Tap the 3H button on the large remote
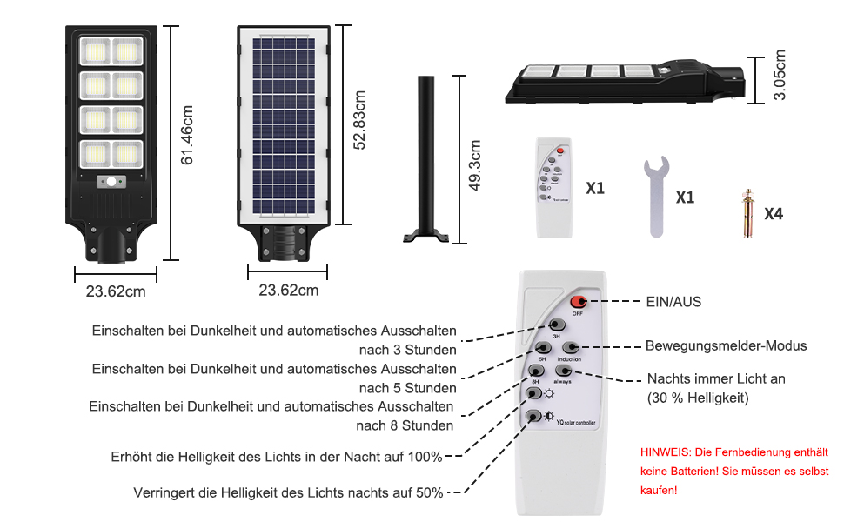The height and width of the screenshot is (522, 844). [556, 325]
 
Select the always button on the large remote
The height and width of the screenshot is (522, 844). [564, 371]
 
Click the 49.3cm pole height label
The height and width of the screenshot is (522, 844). [475, 166]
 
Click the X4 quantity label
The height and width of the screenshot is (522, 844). [774, 213]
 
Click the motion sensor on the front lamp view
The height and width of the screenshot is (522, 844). [114, 183]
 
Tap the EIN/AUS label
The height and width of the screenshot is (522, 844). [673, 302]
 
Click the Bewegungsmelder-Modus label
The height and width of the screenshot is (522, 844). [726, 345]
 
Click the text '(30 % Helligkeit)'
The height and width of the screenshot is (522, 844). [698, 398]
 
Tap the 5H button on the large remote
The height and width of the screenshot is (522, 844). [541, 348]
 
